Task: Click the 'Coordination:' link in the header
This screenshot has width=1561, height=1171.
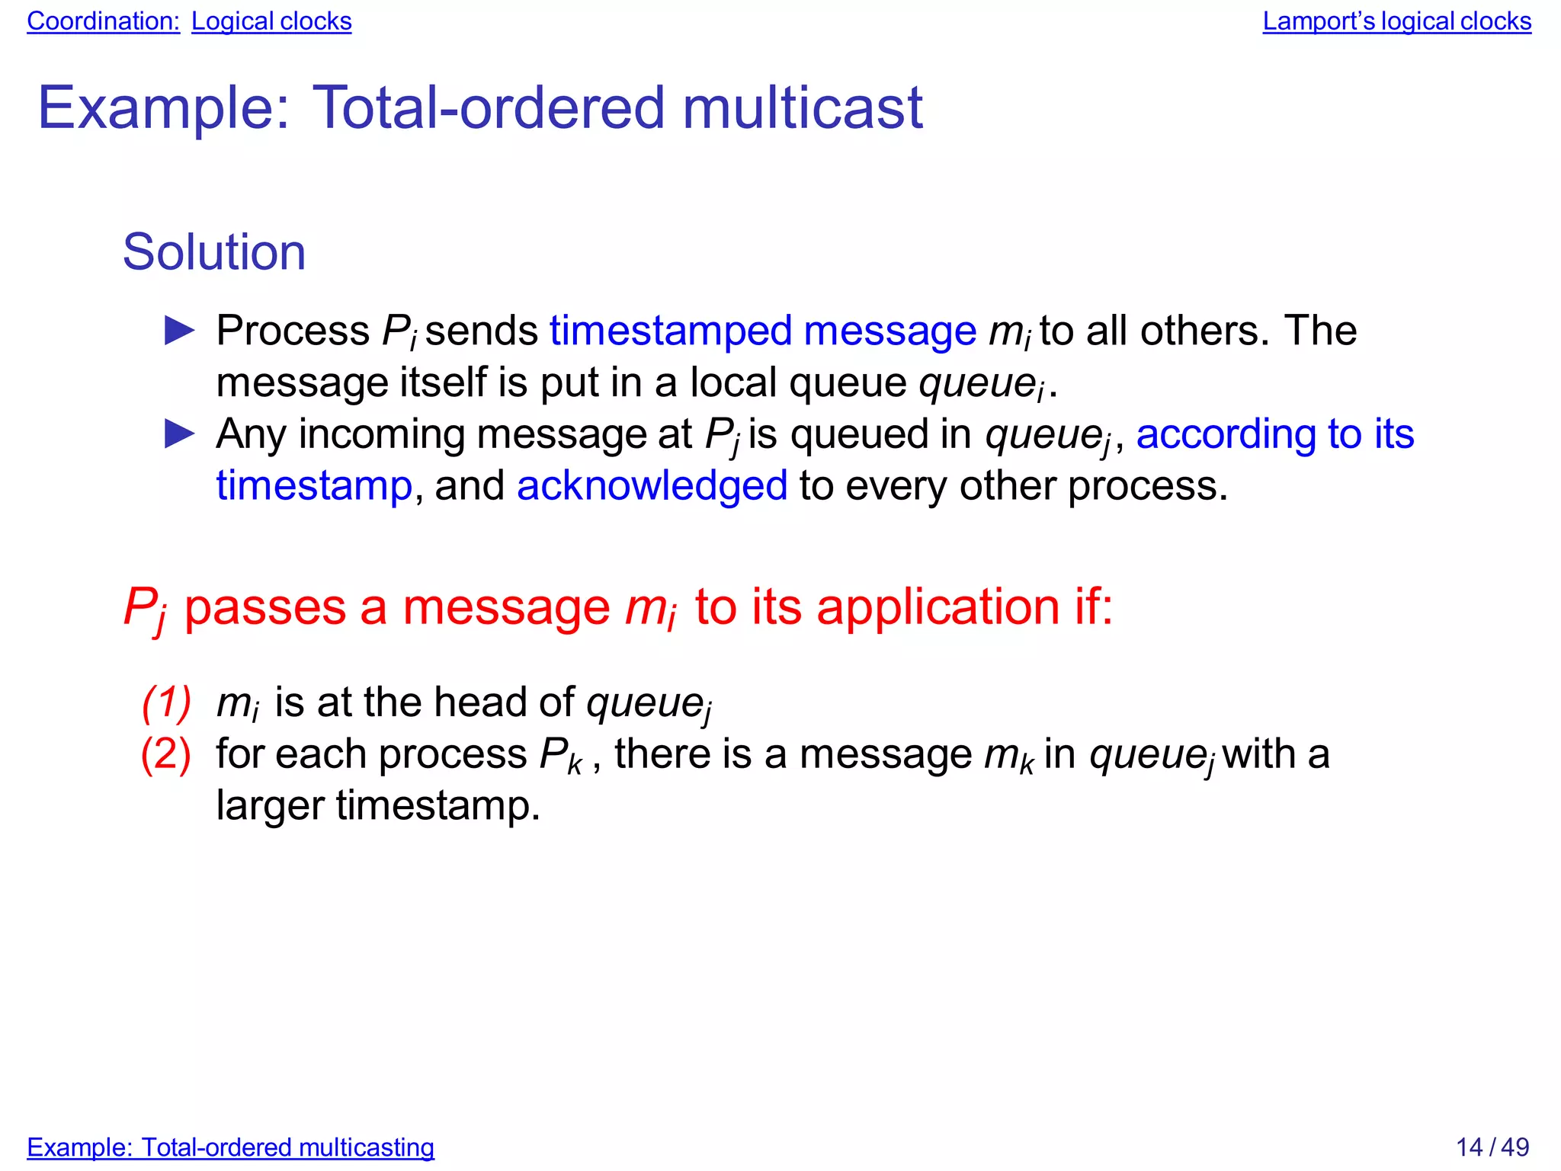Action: [103, 21]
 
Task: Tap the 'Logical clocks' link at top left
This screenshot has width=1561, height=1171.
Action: [271, 21]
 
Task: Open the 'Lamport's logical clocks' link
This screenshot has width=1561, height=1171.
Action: [1396, 21]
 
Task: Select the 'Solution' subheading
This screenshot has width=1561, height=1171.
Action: [214, 252]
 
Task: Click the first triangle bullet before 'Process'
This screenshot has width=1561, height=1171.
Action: [180, 331]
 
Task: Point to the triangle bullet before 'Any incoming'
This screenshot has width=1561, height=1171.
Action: [180, 434]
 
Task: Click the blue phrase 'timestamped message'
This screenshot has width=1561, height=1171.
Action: [763, 331]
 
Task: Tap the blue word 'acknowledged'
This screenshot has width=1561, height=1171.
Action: [652, 486]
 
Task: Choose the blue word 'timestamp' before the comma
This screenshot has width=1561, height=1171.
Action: [314, 486]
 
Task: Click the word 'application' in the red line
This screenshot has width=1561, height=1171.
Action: [938, 607]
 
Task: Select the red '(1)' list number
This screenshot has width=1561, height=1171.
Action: [166, 702]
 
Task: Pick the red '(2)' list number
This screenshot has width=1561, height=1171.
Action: [166, 754]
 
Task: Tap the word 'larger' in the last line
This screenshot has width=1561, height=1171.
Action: [270, 806]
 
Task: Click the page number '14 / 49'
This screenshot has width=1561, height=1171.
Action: [1492, 1147]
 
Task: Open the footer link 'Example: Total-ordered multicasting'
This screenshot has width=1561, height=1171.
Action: [230, 1147]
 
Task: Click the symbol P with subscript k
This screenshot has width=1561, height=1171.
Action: [560, 756]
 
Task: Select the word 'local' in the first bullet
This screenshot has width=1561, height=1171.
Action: [734, 382]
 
